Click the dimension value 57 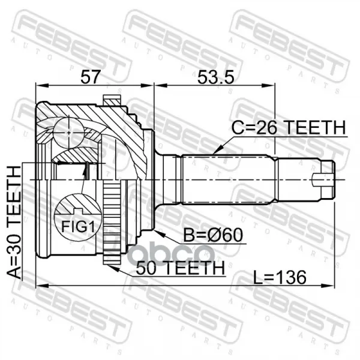pos(91,77)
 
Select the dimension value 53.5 pos(216,77)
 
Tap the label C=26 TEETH pos(289,128)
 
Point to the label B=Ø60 pos(213,235)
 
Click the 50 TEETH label pos(180,268)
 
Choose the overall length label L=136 pos(280,277)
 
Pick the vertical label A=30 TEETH pos(14,223)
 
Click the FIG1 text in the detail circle pos(78,227)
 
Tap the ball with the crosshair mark pos(68,133)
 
